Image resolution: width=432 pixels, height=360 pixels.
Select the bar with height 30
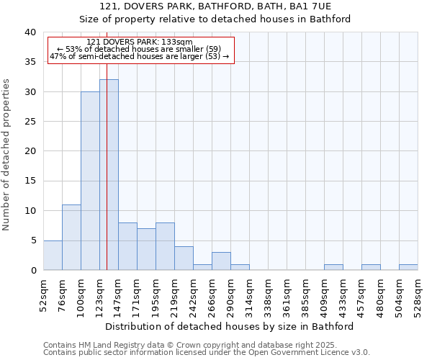90,181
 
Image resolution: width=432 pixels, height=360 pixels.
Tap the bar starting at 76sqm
71,238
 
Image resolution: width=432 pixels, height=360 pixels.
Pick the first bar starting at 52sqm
53,256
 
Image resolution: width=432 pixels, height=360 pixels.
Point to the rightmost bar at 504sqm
408,267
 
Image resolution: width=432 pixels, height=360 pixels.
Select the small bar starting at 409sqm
333,267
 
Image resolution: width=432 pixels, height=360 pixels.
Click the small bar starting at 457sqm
371,267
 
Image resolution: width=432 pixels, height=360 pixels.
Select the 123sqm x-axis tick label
100,295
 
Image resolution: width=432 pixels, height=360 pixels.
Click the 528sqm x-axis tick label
418,295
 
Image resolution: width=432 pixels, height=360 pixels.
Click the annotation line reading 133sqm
140,42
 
